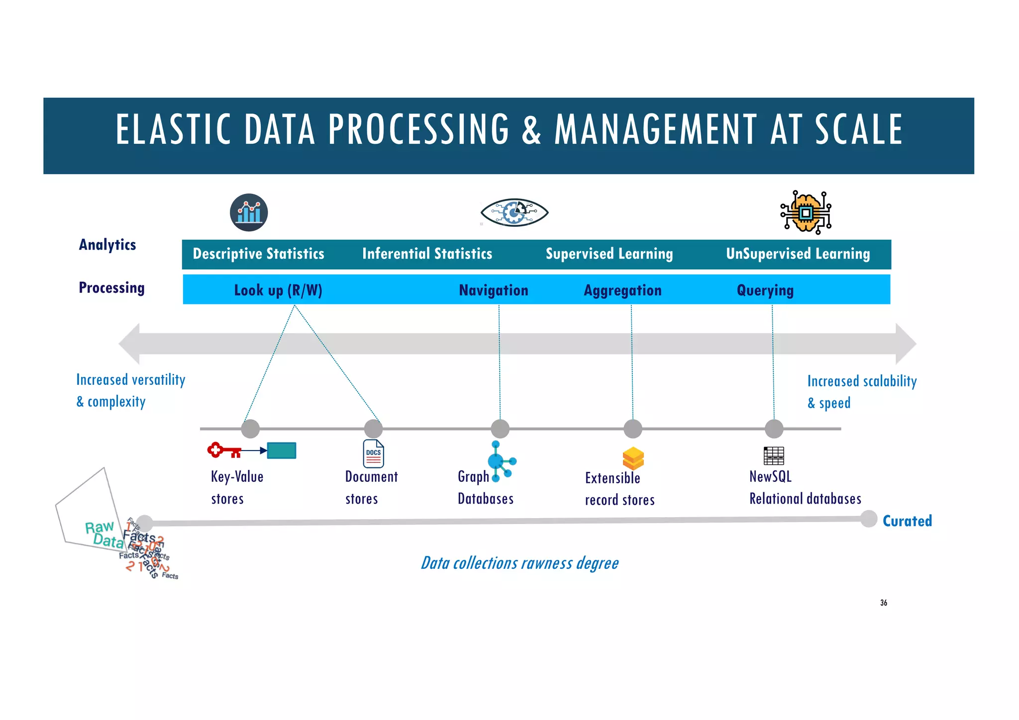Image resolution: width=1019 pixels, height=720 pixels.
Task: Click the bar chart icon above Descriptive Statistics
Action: point(249,212)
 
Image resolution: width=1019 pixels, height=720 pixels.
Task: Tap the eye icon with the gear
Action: point(514,213)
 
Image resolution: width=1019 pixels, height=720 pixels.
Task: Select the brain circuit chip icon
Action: point(806,213)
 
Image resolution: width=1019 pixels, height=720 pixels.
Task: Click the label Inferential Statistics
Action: point(427,254)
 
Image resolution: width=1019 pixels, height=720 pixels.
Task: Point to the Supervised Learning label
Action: point(609,254)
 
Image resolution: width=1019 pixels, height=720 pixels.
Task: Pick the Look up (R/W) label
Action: point(278,290)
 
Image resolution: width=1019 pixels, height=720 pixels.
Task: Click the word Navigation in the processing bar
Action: point(493,290)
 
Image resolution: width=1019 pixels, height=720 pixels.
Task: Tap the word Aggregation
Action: point(622,290)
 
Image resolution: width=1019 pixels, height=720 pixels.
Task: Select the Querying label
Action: point(765,290)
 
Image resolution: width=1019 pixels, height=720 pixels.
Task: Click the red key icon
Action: point(224,450)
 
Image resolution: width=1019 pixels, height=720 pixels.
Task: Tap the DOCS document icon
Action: point(373,453)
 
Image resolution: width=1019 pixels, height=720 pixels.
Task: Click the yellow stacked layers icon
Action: point(633,458)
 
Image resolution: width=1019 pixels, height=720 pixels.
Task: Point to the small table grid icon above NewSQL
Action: point(774,455)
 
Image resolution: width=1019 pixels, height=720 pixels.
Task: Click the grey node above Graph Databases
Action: point(500,429)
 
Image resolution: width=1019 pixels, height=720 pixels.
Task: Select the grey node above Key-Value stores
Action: point(250,429)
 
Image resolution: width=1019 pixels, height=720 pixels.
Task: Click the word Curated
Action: point(907,521)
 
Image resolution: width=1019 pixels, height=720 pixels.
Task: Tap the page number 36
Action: point(883,603)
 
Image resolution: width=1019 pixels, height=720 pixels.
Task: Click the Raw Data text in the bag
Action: point(103,534)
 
